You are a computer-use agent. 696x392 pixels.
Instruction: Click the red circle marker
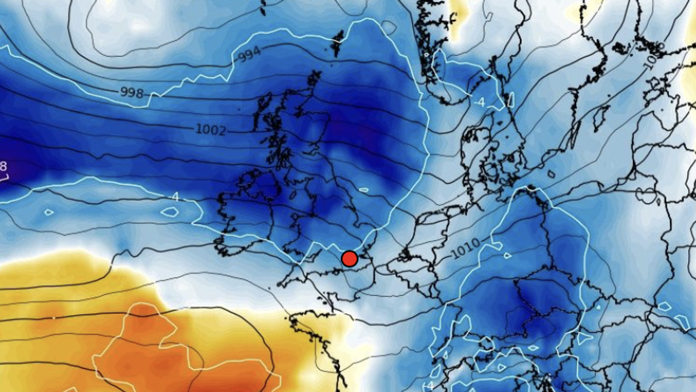[349, 258]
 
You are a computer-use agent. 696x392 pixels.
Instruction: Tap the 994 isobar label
[249, 54]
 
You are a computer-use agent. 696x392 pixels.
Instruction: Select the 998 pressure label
[132, 92]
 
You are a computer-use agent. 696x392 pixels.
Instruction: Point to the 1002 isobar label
[211, 130]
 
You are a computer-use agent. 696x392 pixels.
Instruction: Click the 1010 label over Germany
[465, 248]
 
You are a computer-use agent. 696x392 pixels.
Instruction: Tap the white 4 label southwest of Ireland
[175, 197]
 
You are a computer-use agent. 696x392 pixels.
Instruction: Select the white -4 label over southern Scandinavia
[480, 102]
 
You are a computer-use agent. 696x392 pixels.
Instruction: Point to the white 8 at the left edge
[3, 166]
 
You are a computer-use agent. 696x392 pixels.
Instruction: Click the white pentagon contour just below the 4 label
[169, 212]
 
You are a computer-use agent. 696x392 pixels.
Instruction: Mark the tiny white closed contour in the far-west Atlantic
[49, 212]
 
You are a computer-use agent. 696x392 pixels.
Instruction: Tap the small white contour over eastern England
[363, 190]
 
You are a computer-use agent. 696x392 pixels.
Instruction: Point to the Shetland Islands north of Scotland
[338, 41]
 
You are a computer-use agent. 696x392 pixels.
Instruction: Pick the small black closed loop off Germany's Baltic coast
[551, 174]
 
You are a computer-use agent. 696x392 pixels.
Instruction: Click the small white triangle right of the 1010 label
[507, 256]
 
